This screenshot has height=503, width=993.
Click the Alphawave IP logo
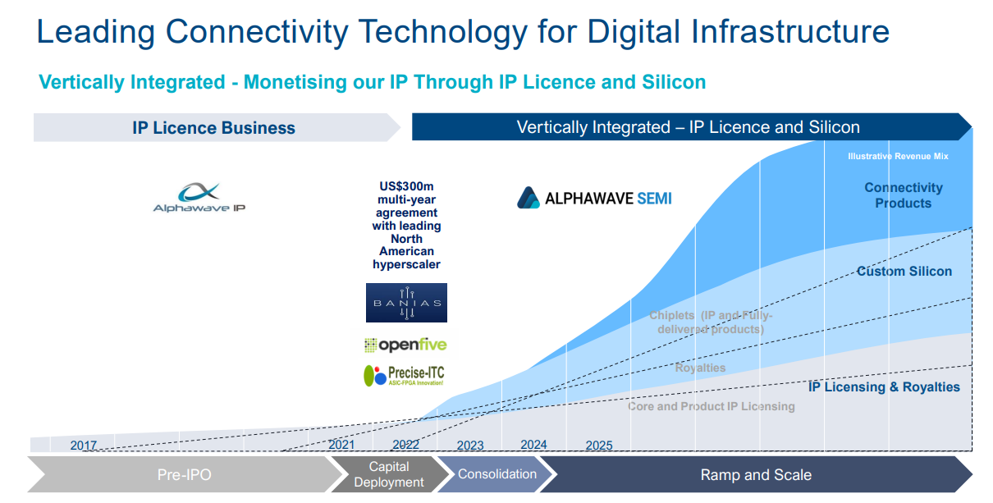pyautogui.click(x=199, y=198)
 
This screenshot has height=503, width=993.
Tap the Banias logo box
pyautogui.click(x=406, y=303)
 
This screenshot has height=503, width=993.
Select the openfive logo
pyautogui.click(x=405, y=345)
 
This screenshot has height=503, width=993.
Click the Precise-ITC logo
pyautogui.click(x=404, y=375)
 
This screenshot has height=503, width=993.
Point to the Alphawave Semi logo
pyautogui.click(x=594, y=198)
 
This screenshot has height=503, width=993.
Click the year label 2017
pyautogui.click(x=84, y=446)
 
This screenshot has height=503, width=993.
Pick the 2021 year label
pyautogui.click(x=341, y=445)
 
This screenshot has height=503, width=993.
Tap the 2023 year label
pyautogui.click(x=470, y=446)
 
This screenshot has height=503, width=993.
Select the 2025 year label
pyautogui.click(x=599, y=446)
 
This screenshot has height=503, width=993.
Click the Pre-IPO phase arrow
pyautogui.click(x=185, y=474)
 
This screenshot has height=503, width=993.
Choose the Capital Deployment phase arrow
pyautogui.click(x=389, y=474)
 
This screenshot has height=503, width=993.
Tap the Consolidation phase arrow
pyautogui.click(x=497, y=474)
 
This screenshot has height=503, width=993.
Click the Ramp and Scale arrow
pyautogui.click(x=756, y=474)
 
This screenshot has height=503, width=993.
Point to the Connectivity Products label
pyautogui.click(x=904, y=195)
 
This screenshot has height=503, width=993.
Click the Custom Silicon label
pyautogui.click(x=904, y=271)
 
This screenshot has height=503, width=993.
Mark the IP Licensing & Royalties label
pyautogui.click(x=884, y=386)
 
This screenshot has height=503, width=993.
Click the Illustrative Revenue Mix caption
pyautogui.click(x=898, y=156)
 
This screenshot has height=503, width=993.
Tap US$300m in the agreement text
pyautogui.click(x=406, y=186)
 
